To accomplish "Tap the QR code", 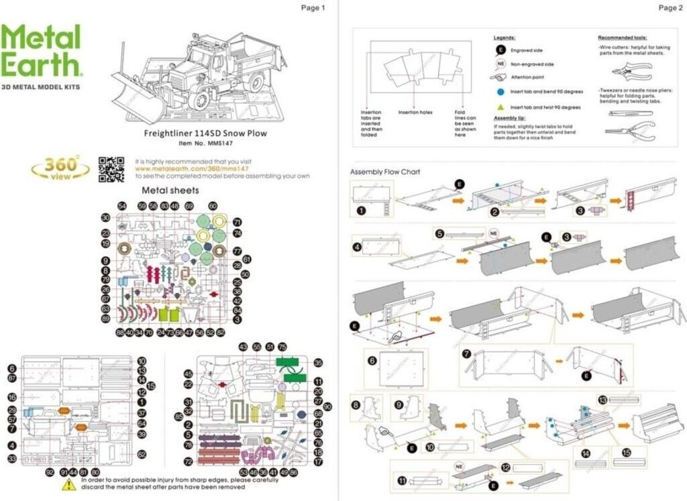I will coord(111,169).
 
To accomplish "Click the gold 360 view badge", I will coord(60,167).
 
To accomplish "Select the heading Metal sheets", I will coord(170,190).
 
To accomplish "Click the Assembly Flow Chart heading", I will coord(385,172).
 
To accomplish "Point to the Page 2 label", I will coord(670,8).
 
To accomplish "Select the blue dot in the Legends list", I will coord(500,91).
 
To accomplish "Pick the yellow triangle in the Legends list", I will coord(500,107).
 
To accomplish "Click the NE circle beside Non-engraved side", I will coord(500,64).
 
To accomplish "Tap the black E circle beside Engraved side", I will coord(500,50).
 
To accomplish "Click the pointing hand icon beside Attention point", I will coord(500,77).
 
